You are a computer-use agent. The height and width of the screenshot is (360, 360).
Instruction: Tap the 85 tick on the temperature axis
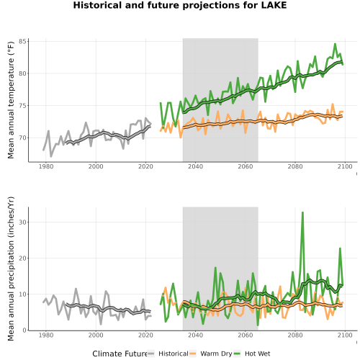pyautogui.click(x=22, y=42)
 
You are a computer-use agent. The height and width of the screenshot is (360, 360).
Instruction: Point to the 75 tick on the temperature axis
pyautogui.click(x=22, y=106)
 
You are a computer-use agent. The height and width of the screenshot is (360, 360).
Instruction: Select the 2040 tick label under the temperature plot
pyautogui.click(x=195, y=166)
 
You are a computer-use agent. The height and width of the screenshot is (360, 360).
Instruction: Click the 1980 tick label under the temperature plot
pyautogui.click(x=46, y=166)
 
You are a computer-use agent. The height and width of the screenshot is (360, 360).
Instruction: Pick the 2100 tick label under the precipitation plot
pyautogui.click(x=345, y=335)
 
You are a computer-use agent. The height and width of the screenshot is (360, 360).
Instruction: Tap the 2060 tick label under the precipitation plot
pyautogui.click(x=246, y=335)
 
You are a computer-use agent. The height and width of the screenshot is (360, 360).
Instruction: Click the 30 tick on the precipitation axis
pyautogui.click(x=22, y=222)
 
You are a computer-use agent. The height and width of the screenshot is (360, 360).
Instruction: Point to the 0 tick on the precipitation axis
pyautogui.click(x=24, y=330)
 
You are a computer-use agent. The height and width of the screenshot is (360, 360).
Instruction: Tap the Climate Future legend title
pyautogui.click(x=120, y=354)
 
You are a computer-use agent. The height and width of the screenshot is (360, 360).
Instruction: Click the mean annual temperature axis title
pyautogui.click(x=11, y=100)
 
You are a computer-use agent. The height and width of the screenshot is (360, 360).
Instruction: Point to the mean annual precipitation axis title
pyautogui.click(x=11, y=269)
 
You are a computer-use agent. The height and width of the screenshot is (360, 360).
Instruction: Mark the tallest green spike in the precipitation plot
pyautogui.click(x=302, y=212)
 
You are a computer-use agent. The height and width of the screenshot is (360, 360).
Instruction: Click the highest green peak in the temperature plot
pyautogui.click(x=335, y=44)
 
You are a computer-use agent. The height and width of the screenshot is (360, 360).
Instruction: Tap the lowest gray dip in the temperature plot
pyautogui.click(x=51, y=156)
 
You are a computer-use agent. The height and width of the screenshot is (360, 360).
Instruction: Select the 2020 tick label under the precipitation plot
pyautogui.click(x=145, y=335)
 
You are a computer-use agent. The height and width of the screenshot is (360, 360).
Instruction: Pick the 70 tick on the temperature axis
pyautogui.click(x=22, y=138)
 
